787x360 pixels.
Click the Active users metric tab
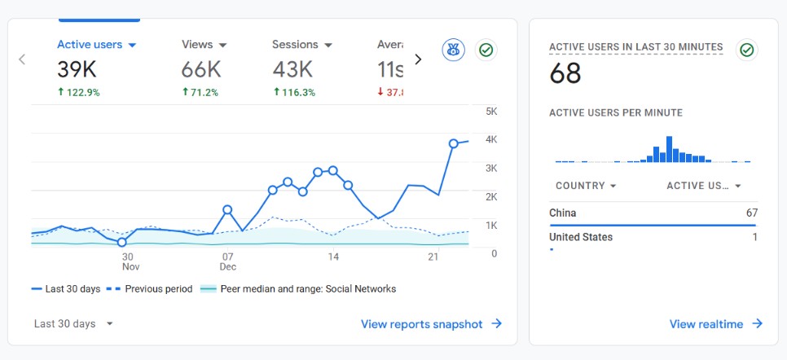[96, 45]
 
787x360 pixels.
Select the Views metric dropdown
[204, 45]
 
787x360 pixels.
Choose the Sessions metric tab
[302, 45]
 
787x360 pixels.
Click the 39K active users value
[77, 70]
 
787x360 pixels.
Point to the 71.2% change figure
[200, 92]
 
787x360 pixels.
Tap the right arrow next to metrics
[418, 59]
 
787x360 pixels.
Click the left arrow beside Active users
[22, 59]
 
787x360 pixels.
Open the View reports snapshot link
[431, 324]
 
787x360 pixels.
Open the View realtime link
[715, 324]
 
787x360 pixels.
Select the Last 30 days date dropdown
[73, 323]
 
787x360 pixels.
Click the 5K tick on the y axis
[490, 111]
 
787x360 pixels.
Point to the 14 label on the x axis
[333, 257]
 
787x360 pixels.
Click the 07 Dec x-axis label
[227, 261]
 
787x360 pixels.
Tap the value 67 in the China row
[750, 213]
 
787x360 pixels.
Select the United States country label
[581, 237]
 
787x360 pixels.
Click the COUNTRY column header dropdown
[585, 186]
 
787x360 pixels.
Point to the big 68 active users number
[565, 74]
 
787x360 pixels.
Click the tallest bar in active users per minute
[670, 149]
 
